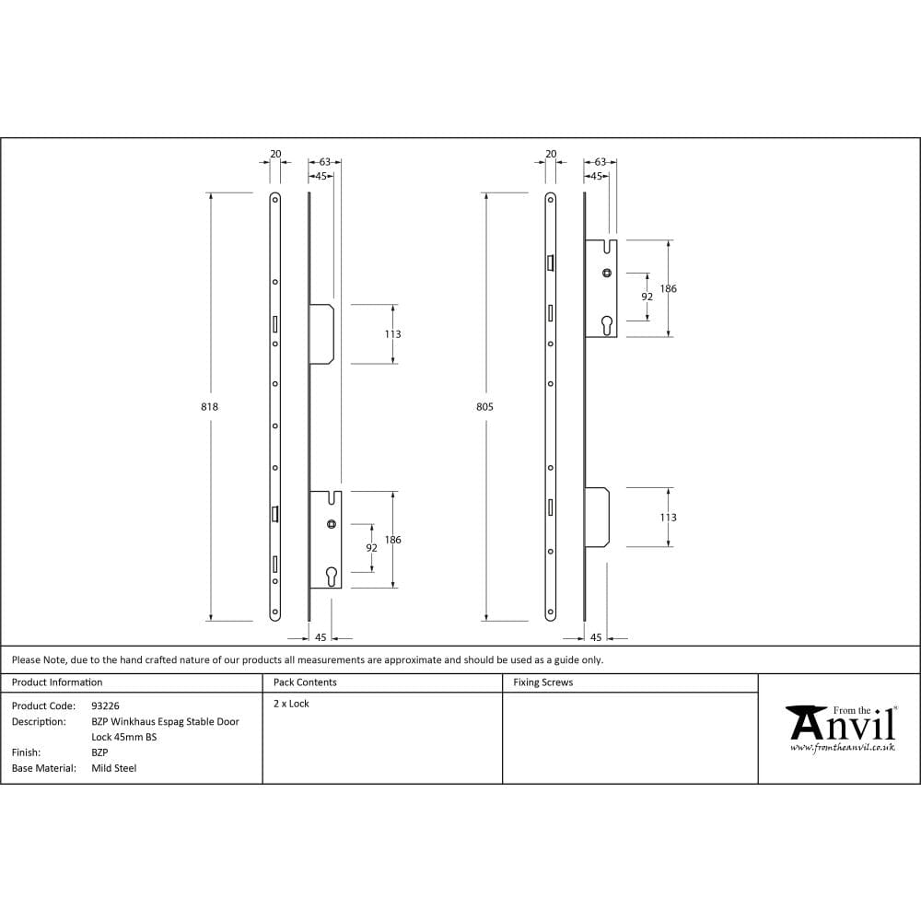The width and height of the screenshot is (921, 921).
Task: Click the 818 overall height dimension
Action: [x=209, y=406]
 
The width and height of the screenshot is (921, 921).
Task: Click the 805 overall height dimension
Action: [x=484, y=406]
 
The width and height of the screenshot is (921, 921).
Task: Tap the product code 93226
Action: [x=105, y=705]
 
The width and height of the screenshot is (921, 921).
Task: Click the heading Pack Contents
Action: [x=305, y=682]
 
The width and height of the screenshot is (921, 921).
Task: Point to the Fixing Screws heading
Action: [x=542, y=682]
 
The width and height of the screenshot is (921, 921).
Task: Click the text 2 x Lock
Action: [x=291, y=704]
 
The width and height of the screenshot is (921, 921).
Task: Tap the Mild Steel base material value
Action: [x=113, y=767]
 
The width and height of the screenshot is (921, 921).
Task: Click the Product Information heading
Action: [x=57, y=682]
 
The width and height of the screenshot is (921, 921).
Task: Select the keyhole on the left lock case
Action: [x=332, y=576]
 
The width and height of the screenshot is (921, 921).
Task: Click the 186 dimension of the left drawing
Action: [x=393, y=540]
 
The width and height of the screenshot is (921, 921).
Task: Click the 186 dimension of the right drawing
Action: [x=669, y=288]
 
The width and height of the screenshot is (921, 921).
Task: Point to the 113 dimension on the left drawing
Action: [x=392, y=333]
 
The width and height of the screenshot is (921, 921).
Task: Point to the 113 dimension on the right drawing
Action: [x=669, y=518]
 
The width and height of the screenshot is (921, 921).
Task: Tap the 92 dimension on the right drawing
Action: [x=647, y=297]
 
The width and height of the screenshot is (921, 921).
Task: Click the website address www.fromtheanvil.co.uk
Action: [x=842, y=748]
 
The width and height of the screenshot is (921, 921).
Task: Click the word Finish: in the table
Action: [x=26, y=752]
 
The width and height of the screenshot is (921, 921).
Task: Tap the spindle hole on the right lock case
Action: [x=606, y=273]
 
